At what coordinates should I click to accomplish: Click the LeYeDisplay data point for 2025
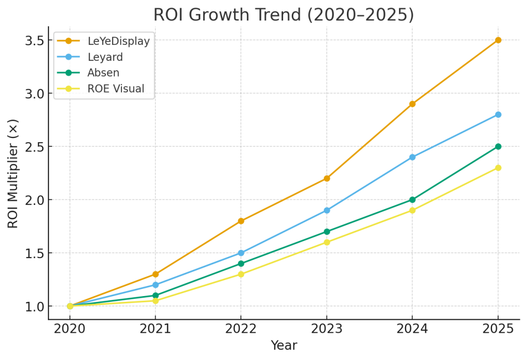coord(498,40)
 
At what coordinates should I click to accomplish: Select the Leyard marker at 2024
coord(412,157)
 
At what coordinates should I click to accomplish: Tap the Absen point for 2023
coord(327,232)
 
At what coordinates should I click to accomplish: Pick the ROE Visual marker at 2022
coord(241,274)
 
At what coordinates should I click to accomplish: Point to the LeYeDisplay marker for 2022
coord(241,221)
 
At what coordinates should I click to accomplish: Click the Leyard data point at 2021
coord(155,285)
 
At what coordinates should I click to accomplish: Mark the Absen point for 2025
coord(498,146)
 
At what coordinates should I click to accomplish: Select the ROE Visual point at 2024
coord(412,210)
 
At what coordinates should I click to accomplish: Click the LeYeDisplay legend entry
coord(118,41)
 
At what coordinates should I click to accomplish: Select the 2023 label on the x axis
coord(327,329)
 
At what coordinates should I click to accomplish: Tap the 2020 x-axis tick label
coord(70,329)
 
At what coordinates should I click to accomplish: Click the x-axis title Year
coord(284,345)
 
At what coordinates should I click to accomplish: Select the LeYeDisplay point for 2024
coord(412,104)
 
